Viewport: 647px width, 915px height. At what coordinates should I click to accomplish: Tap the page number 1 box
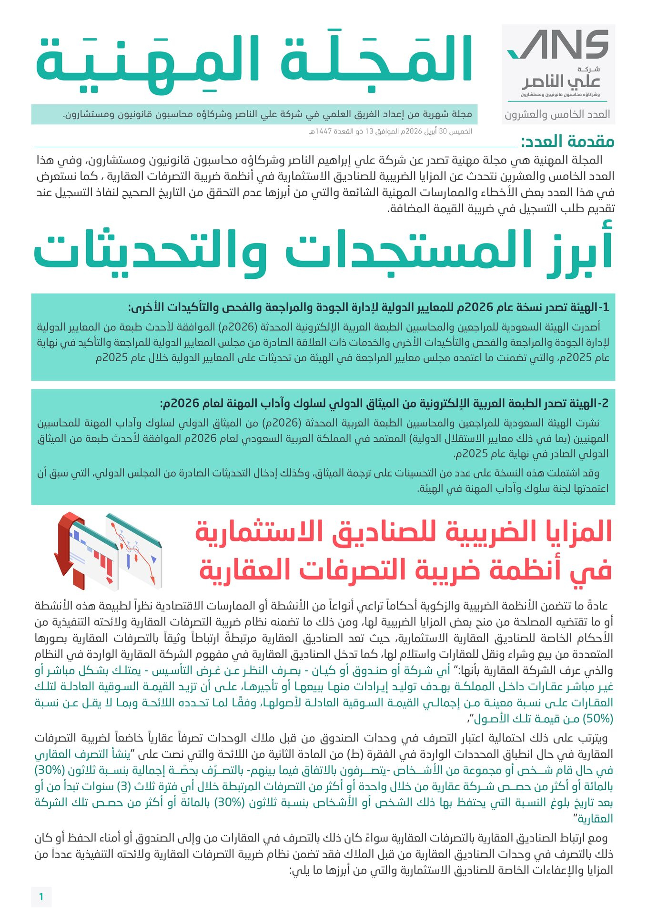click(x=41, y=896)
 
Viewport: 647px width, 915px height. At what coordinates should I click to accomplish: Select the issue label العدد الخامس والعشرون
click(x=557, y=114)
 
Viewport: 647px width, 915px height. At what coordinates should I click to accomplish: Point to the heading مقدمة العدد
click(x=567, y=142)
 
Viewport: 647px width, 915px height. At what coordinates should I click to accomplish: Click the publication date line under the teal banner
click(x=391, y=132)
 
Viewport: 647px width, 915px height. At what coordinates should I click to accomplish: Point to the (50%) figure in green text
click(x=597, y=718)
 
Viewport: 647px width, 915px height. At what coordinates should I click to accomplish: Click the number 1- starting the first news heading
click(x=603, y=307)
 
